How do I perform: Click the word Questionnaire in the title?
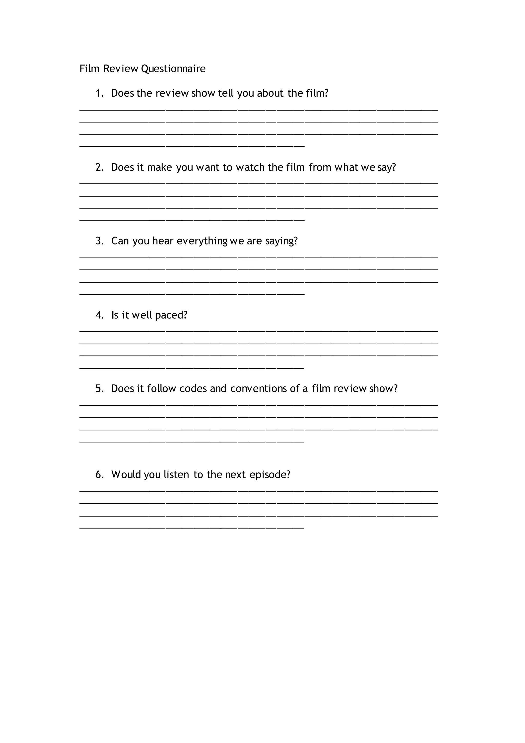tap(173, 69)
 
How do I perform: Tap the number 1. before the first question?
tap(99, 94)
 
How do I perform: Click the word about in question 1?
tap(270, 93)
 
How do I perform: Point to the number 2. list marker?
tap(99, 167)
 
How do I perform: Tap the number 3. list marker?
tap(99, 241)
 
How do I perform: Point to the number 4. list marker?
tap(99, 315)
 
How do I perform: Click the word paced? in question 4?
tap(171, 315)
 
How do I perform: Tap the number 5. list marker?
tap(99, 389)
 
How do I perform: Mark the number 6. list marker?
tap(99, 475)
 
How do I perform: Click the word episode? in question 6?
tap(270, 475)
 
